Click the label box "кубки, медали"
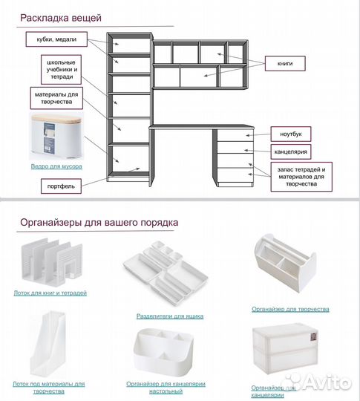(x=56, y=39)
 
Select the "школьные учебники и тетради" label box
(x=62, y=70)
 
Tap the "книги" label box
(x=285, y=63)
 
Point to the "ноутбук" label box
(x=291, y=134)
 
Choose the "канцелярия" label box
(x=291, y=152)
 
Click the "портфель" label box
(x=61, y=186)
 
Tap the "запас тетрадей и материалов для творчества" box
(x=301, y=177)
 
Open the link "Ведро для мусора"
(x=56, y=166)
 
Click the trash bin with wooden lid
(x=56, y=137)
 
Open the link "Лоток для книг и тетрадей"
(x=50, y=293)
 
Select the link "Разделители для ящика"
(x=170, y=316)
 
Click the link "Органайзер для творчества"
(x=290, y=309)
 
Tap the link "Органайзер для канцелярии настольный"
(x=166, y=388)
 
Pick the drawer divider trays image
(x=166, y=273)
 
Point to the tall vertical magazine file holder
(x=48, y=344)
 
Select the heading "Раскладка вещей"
(x=61, y=18)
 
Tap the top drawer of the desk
(x=235, y=134)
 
